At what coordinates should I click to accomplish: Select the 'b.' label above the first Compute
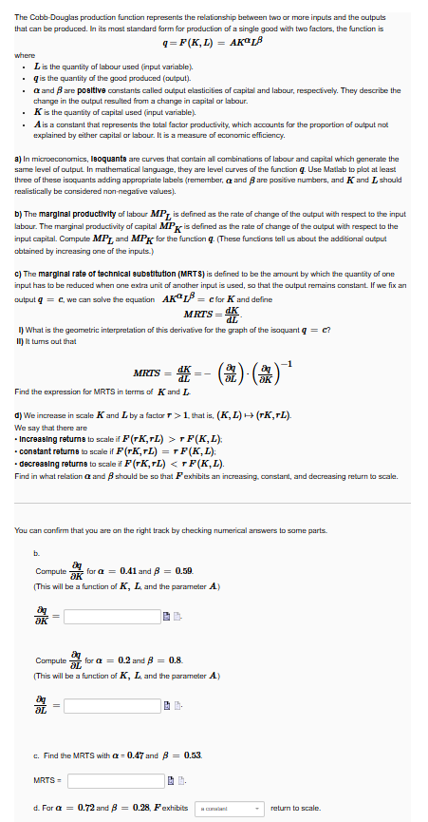(35, 549)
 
